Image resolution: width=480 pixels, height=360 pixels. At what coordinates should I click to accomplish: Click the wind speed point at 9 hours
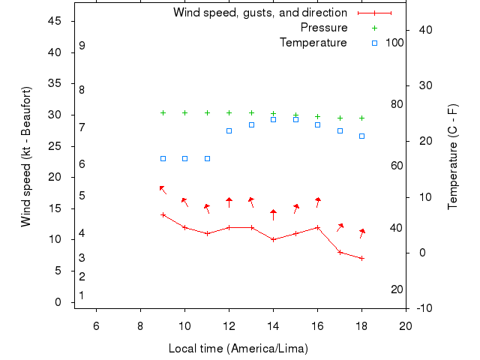pos(163,214)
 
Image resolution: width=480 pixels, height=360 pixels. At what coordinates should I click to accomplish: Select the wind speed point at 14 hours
pos(273,239)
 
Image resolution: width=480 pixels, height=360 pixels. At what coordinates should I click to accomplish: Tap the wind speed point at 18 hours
pos(361,258)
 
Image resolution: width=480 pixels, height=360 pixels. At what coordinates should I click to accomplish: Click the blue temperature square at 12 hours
pos(229,130)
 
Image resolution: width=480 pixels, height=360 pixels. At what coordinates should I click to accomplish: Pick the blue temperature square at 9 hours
pos(163,158)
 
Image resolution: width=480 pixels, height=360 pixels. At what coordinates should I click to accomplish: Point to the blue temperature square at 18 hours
pos(361,136)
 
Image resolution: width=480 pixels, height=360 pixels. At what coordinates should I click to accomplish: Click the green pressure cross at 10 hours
pos(184,112)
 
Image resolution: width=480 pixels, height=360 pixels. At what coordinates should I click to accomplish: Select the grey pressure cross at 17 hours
pos(340,118)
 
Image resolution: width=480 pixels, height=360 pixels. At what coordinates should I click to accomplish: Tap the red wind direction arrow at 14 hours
pos(273,214)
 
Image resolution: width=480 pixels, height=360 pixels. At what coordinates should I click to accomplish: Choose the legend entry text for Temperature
pos(313,43)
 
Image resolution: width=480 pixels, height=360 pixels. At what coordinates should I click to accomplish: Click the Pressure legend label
pos(323,28)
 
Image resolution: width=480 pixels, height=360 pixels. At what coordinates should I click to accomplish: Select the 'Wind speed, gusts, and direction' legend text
pos(259,13)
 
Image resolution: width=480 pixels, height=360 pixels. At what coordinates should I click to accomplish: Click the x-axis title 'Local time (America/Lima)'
pos(238,349)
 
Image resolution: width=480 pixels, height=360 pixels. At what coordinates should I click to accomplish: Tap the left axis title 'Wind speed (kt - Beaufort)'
pos(26,157)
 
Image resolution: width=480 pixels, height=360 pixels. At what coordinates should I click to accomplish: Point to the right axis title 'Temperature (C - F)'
pos(453,157)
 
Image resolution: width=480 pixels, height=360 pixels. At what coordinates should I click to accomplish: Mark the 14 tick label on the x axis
pos(273,325)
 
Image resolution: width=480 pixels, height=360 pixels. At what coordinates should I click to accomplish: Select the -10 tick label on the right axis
pos(423,308)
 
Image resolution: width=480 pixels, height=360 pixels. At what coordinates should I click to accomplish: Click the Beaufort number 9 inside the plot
pos(82,46)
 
